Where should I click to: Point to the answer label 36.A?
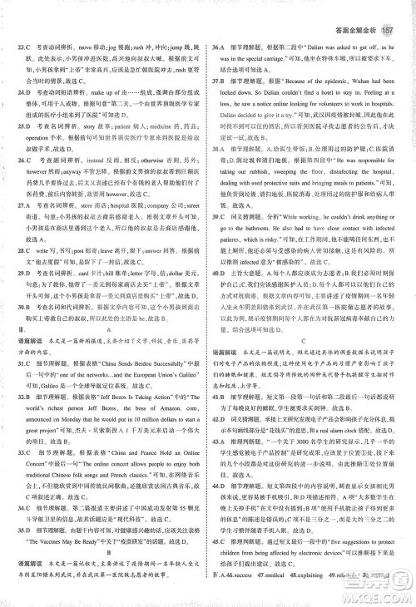click(222, 28)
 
